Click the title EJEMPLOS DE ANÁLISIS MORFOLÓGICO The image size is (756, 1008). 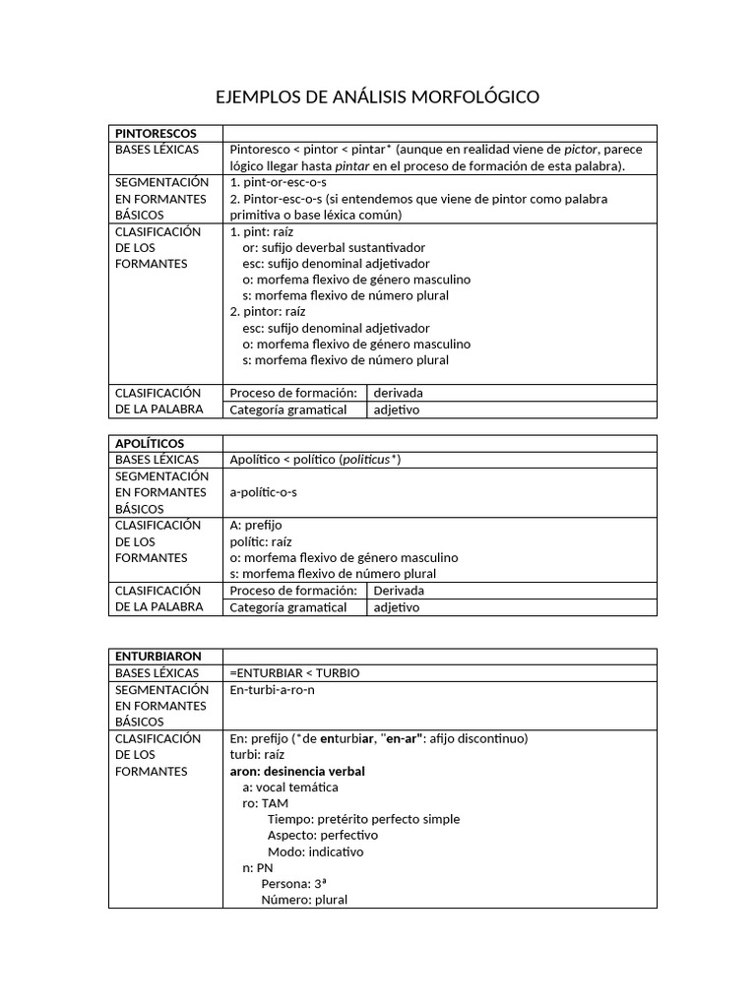point(377,97)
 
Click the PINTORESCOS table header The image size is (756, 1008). point(156,133)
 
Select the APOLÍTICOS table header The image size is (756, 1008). point(150,443)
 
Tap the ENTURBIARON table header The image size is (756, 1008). point(158,656)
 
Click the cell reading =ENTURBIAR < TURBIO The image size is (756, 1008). point(294,672)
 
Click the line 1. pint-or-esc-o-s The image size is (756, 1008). point(278,182)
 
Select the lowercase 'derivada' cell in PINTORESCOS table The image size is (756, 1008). point(399,393)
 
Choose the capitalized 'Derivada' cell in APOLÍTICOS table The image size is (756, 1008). point(400,591)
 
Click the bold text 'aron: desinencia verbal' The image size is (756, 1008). point(297,771)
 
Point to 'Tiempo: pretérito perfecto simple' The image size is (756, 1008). point(363,819)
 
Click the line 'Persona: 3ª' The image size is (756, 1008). point(296,883)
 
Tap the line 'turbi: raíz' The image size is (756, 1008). point(257,754)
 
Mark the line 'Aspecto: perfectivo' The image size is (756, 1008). point(322,835)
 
